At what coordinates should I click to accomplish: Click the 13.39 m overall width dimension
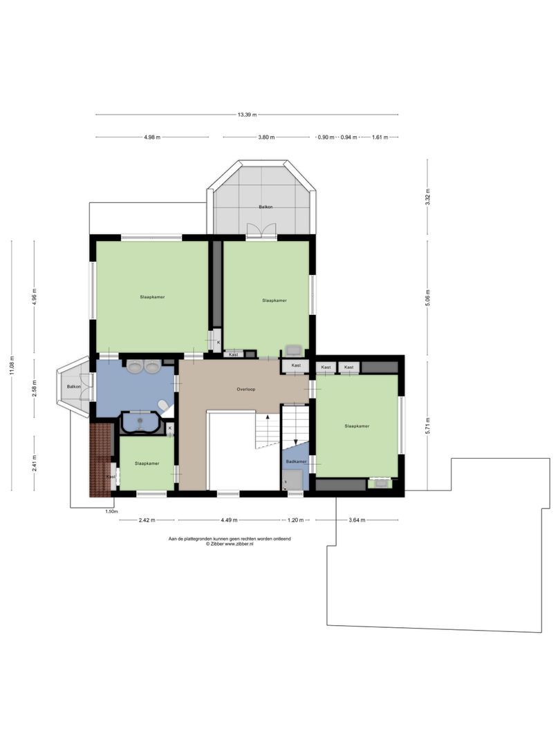click(247, 115)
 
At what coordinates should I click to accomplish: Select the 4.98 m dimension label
click(152, 137)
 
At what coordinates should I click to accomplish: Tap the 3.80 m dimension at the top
click(266, 137)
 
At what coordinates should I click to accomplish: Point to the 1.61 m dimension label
click(380, 137)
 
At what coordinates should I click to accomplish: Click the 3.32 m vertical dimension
click(428, 198)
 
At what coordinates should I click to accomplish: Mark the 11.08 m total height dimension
click(12, 365)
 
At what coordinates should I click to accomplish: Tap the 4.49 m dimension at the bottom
click(230, 520)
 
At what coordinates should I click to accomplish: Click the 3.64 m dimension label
click(357, 520)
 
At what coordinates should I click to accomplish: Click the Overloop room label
click(246, 390)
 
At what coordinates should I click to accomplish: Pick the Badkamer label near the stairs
click(296, 461)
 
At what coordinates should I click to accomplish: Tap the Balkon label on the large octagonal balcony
click(265, 207)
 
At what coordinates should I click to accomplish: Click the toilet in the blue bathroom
click(163, 406)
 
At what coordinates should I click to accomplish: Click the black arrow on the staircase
click(295, 443)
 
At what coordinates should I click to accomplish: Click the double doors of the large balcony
click(261, 231)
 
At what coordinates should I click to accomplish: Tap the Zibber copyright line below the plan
click(230, 544)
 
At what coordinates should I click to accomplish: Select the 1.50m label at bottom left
click(110, 512)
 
